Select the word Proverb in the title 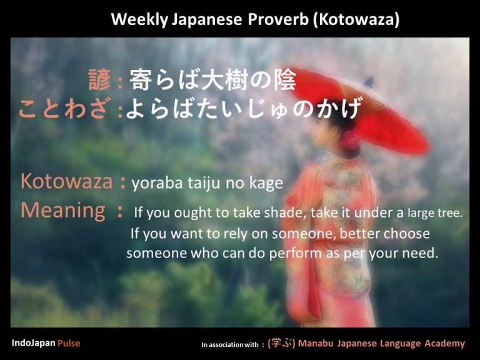(277, 19)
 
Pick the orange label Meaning (63, 211)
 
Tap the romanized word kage (268, 184)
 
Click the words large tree (435, 213)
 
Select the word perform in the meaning (294, 254)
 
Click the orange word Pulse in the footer (69, 343)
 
